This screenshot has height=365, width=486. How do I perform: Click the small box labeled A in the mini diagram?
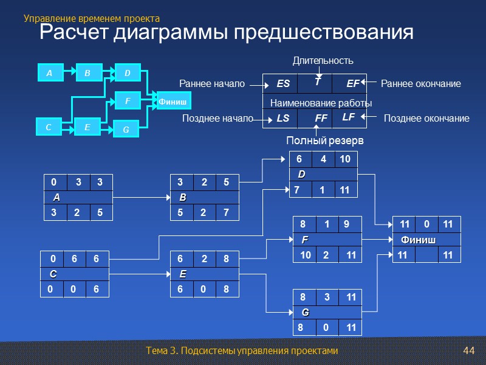point(50,73)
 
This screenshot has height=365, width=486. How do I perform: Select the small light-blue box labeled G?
point(126,129)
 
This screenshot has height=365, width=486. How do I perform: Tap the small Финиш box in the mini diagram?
point(173,101)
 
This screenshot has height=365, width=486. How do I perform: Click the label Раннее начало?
point(211,83)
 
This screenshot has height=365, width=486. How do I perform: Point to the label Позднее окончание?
point(427,119)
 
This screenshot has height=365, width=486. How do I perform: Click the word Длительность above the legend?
point(323,61)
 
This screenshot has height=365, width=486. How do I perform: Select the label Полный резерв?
point(324,141)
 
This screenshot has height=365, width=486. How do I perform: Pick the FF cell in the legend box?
point(321,119)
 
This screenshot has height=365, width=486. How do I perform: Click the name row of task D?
point(323,175)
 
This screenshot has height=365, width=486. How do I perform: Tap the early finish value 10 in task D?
point(345,159)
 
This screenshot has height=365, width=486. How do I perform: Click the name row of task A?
point(78,198)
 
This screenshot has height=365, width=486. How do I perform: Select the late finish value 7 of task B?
point(226,213)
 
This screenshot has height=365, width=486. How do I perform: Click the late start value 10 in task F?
point(306,255)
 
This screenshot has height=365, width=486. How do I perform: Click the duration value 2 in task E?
point(205,259)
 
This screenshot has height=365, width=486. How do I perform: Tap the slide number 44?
point(468,351)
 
